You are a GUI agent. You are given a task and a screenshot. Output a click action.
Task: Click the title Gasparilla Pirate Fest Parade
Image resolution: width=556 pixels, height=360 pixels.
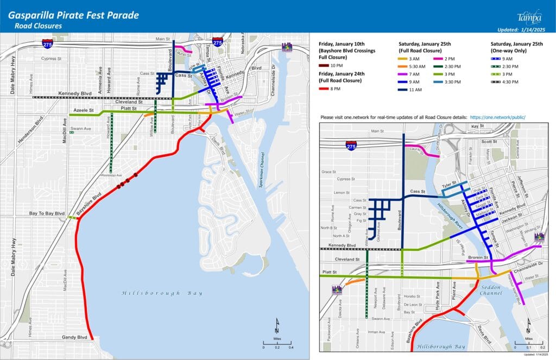click(x=73, y=15)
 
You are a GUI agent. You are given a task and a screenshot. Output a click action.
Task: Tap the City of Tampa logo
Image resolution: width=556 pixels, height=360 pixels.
click(x=529, y=16)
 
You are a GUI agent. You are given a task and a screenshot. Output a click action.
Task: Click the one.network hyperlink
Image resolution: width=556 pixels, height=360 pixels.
click(x=498, y=117)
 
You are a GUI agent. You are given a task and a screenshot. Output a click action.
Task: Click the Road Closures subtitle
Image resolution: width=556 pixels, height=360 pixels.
click(x=39, y=26)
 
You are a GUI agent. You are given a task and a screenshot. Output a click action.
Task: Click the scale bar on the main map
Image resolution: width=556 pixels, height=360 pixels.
click(x=277, y=342)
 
